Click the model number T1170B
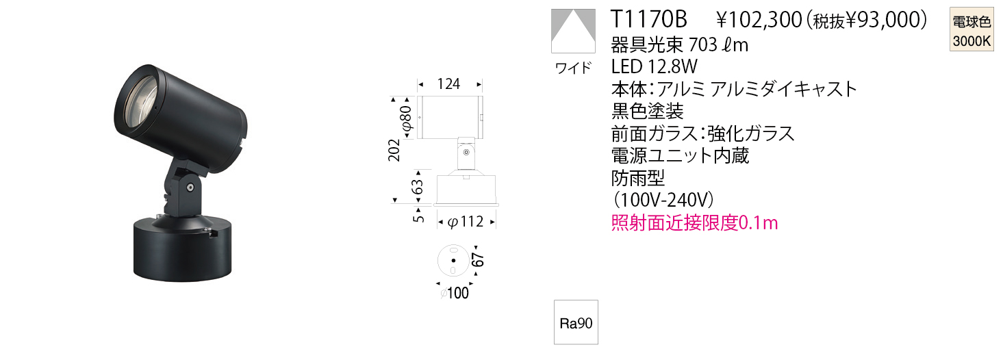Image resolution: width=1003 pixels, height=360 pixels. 649,20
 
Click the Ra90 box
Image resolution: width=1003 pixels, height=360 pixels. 576,322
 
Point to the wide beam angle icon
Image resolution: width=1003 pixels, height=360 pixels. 574,30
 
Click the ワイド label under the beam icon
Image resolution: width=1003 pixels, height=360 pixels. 573,68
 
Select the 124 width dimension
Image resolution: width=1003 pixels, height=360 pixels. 448,83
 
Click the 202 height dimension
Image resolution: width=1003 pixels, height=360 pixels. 394,150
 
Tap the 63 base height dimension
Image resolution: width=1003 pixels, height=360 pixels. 417,187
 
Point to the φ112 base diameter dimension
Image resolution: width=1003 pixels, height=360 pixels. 466,222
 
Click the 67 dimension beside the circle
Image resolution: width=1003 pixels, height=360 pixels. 479,259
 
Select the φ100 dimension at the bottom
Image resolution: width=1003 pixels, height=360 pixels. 454,294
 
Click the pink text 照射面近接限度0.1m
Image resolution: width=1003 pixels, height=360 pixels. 694,222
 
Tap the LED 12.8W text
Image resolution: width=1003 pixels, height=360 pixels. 655,66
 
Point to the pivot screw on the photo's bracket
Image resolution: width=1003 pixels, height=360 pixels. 191,188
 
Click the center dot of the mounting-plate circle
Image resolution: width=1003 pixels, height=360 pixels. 453,261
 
